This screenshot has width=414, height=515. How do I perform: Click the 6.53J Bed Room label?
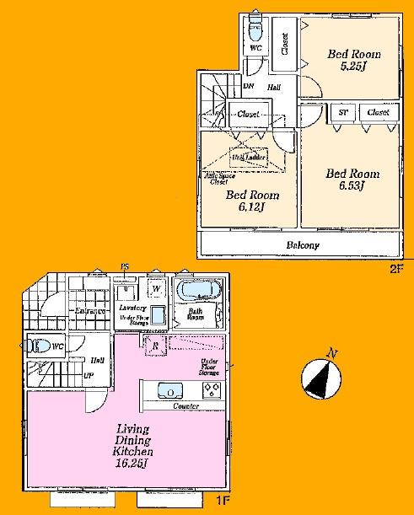(x=353, y=180)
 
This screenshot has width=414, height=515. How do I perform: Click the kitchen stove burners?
(x=211, y=391)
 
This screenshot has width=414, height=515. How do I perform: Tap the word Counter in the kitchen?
(x=185, y=406)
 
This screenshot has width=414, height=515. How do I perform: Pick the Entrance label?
(x=90, y=312)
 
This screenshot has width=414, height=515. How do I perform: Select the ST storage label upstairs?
(x=343, y=112)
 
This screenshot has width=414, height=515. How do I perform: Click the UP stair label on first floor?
(x=87, y=376)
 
